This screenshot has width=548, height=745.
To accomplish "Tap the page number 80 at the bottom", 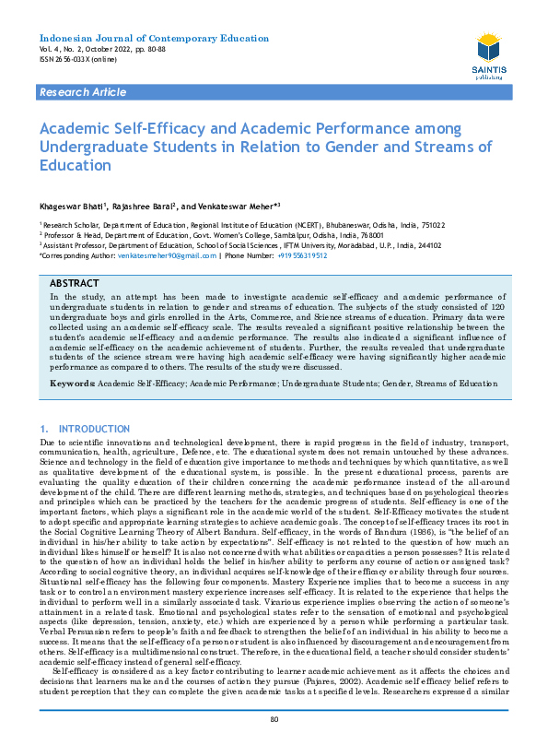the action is [x=274, y=719].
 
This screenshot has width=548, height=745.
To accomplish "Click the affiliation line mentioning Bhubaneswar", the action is [x=230, y=225].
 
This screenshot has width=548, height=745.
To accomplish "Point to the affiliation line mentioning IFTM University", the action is [x=230, y=245].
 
